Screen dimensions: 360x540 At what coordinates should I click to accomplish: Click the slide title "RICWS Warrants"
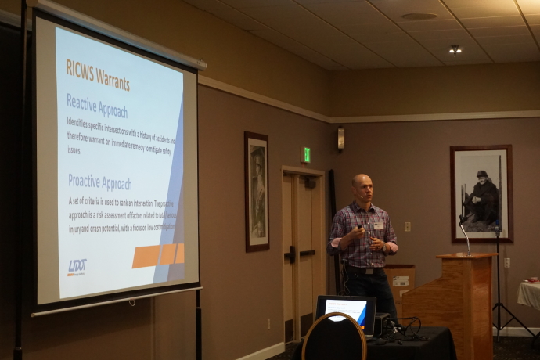tap(98, 79)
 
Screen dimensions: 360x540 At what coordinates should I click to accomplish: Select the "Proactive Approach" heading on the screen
tap(99, 182)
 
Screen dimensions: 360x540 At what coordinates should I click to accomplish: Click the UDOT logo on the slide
tap(77, 267)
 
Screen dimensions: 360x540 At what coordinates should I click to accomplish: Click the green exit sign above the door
tap(306, 154)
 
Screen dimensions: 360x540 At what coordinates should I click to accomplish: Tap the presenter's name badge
tap(379, 225)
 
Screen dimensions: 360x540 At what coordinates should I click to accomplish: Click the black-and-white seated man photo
tap(481, 193)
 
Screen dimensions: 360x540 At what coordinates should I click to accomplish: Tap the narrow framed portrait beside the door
tap(257, 192)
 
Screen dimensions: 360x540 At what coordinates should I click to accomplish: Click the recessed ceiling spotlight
tap(455, 49)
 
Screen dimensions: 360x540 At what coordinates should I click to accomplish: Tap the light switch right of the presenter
tap(408, 226)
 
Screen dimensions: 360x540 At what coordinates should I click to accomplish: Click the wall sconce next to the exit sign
tap(340, 139)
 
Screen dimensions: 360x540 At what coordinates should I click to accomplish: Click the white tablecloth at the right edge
tap(530, 294)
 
